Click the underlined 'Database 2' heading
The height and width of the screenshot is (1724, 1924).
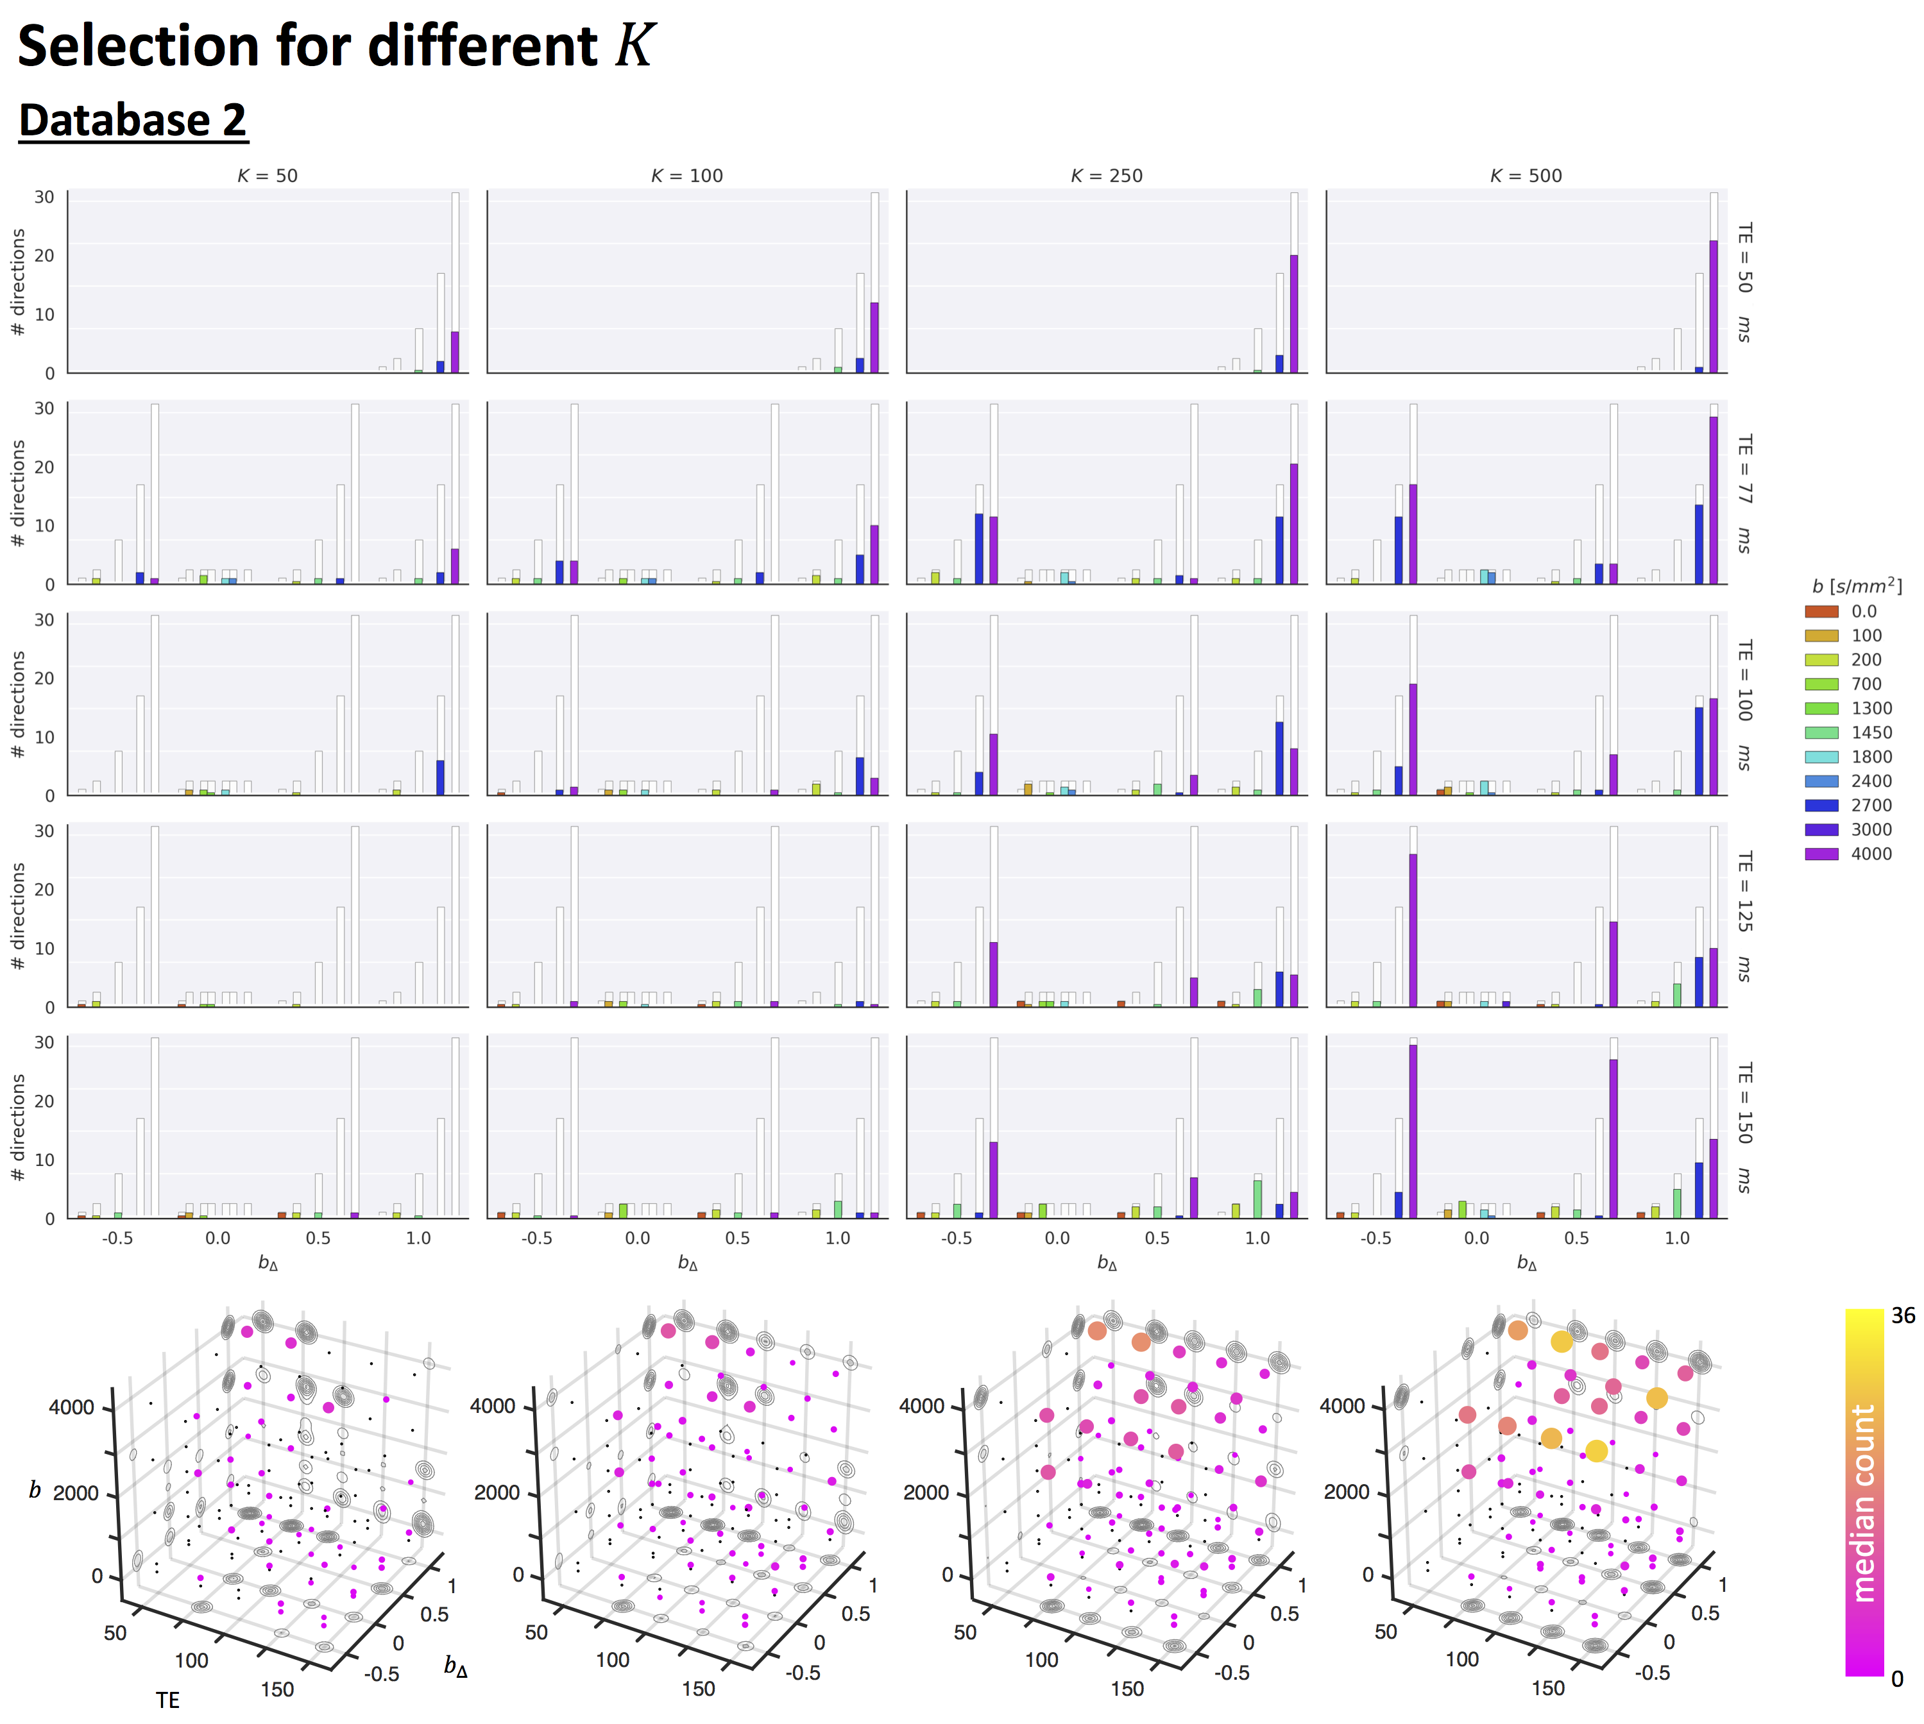coord(133,121)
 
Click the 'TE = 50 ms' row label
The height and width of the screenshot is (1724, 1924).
coord(1744,282)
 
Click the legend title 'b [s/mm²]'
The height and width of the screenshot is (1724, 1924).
coord(1857,586)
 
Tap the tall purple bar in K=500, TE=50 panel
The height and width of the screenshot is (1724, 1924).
coord(1714,306)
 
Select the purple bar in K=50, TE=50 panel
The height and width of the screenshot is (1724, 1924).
coord(455,351)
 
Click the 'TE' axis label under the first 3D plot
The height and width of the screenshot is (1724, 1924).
coord(167,1700)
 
